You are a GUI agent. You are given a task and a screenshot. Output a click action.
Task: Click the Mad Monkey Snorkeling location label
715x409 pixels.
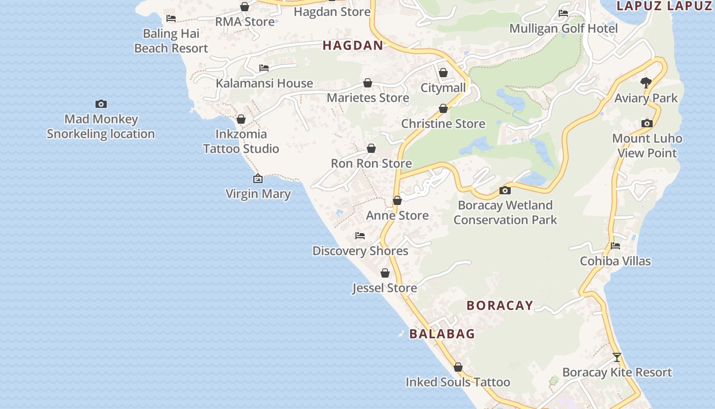point(101,126)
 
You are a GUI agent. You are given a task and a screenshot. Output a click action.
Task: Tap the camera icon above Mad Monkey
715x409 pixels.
point(101,104)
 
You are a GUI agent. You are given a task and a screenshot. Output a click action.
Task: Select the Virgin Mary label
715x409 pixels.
point(258,194)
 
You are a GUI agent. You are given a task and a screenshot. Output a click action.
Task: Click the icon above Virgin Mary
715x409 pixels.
point(258,178)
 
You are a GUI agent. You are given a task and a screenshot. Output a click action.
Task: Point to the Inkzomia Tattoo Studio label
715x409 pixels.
point(241,141)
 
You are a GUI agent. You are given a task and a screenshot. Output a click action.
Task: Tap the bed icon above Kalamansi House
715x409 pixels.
point(264,67)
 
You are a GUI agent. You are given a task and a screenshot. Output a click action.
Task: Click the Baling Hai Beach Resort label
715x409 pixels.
point(171,41)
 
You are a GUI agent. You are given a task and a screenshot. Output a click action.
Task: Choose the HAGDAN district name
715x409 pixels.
point(353,46)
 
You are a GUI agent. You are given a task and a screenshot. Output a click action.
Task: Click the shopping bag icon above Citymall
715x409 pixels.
point(443,73)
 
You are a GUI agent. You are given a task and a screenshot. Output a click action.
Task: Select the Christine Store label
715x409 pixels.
point(443,124)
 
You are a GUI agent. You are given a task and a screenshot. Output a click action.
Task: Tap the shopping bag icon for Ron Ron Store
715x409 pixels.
point(371,148)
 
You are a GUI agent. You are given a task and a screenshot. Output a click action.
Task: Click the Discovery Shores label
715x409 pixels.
point(360,251)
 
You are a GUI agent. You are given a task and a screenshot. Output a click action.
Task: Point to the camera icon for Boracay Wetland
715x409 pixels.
point(505,190)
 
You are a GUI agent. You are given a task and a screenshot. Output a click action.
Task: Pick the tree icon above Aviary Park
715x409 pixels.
point(646,82)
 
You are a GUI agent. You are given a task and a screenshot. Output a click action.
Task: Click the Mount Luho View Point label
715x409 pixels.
point(647,146)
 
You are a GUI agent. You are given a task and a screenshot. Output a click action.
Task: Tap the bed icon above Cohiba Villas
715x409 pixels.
point(615,246)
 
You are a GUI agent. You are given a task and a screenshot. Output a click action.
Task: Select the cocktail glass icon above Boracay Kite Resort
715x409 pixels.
point(617,357)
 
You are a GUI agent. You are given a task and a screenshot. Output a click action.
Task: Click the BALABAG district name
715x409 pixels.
point(442,334)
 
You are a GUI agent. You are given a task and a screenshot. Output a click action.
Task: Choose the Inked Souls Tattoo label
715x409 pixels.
point(458,382)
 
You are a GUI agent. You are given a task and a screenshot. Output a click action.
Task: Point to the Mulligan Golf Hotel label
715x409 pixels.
point(564,29)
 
